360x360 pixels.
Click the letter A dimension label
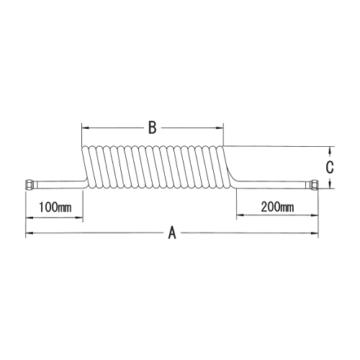point(172,233)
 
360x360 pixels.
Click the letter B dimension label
point(153,127)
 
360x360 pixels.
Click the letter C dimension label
point(330,167)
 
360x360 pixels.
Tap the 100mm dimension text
point(55,207)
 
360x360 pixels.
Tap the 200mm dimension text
point(277,207)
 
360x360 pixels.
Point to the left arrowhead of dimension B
point(85,128)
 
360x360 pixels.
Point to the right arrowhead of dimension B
point(220,128)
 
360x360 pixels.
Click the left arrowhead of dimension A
point(29,233)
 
